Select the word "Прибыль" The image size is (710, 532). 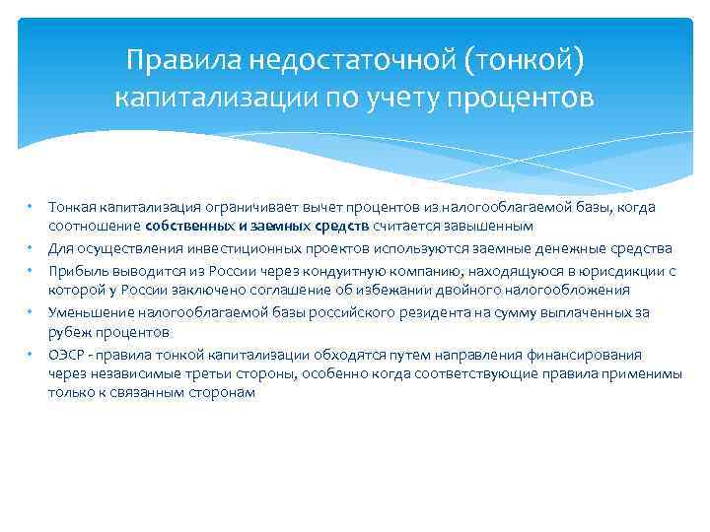click(74, 270)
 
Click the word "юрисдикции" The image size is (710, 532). click(612, 270)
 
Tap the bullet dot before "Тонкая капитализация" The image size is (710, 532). click(32, 207)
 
